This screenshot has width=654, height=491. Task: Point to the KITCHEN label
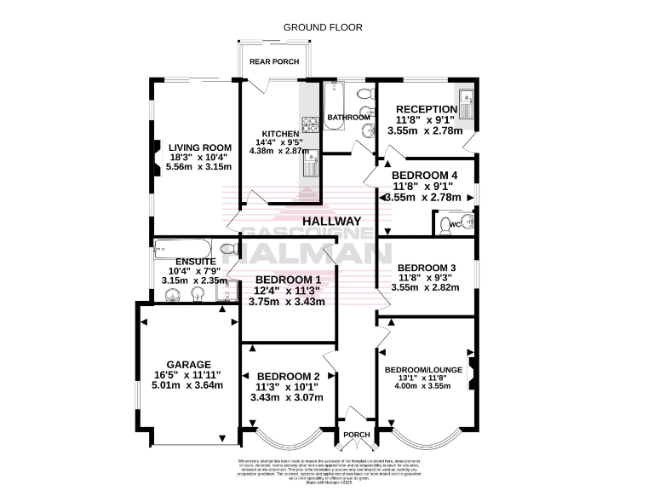tap(280, 134)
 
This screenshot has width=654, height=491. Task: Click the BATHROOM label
tap(348, 117)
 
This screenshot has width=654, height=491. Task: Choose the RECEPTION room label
tap(427, 108)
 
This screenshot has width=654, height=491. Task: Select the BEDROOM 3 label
tap(427, 268)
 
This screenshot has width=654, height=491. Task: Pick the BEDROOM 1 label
tap(288, 279)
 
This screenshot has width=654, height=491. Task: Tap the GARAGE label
tap(188, 364)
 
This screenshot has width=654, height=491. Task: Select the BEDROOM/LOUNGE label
tap(423, 369)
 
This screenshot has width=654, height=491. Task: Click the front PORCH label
tap(356, 435)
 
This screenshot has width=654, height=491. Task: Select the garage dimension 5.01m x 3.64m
tap(188, 384)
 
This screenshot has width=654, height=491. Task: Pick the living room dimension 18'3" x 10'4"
tap(200, 157)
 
